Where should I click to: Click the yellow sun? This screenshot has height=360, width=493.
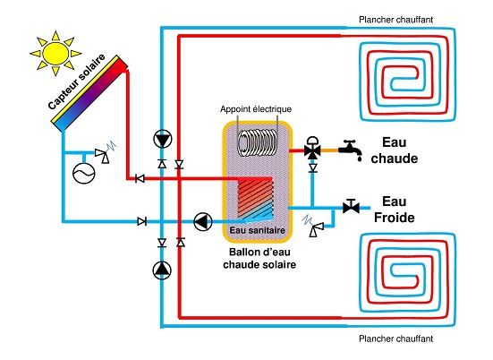click(x=56, y=54)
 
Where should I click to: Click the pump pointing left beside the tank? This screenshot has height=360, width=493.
click(x=203, y=220)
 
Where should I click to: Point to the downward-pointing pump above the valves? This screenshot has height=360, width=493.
click(x=162, y=139)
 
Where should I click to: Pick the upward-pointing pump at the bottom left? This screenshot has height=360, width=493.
click(x=162, y=267)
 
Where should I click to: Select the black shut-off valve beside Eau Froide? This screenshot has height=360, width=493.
click(x=351, y=207)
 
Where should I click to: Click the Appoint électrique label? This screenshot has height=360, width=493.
click(x=253, y=110)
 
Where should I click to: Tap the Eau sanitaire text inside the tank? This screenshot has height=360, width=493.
click(x=257, y=230)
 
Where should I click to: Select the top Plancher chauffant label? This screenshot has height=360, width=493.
click(x=395, y=20)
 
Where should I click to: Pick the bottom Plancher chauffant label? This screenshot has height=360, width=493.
click(x=395, y=339)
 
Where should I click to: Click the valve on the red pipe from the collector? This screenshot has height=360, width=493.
click(x=139, y=178)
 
